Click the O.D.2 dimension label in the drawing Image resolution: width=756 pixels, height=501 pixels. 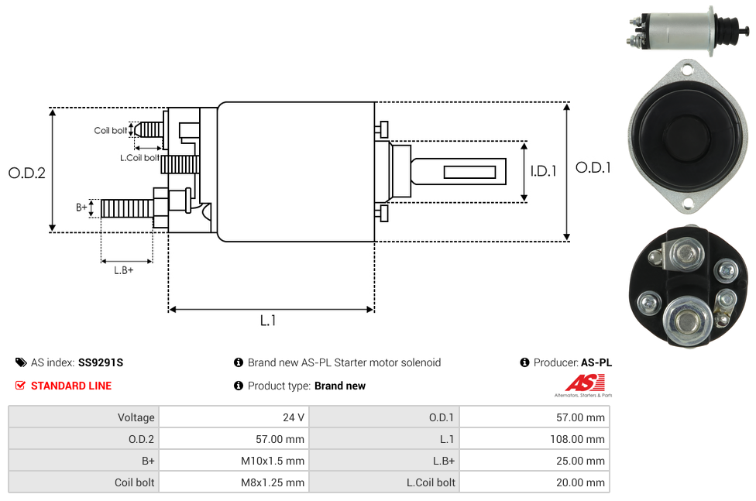pos(27,173)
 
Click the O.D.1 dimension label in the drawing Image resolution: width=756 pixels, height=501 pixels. pos(593,167)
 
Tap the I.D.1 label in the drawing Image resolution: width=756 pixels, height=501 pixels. pos(543,171)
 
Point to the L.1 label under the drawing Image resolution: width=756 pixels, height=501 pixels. pos(268,321)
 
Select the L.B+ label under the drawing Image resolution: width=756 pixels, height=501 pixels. pos(124,270)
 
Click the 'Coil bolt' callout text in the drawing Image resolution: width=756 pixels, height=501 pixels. pos(111,131)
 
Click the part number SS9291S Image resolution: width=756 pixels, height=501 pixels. pos(101,362)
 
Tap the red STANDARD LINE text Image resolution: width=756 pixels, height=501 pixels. pos(71,386)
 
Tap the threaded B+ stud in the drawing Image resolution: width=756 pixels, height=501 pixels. pos(128,208)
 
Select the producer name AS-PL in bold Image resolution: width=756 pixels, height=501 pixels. pos(596,362)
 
